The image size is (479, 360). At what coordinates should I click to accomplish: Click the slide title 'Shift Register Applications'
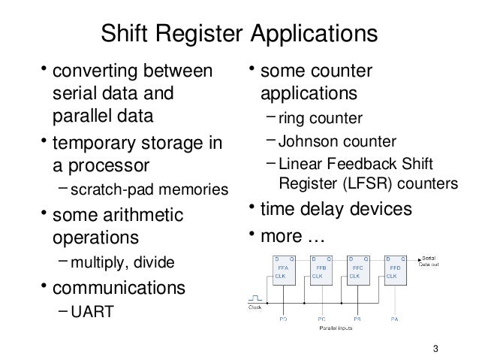point(239,35)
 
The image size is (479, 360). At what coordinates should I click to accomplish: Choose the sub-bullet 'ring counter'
point(320,118)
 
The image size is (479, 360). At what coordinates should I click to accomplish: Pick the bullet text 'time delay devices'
point(335,208)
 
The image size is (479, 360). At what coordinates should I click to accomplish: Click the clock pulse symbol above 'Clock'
point(257,298)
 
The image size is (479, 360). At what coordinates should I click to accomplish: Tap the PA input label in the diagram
point(394,319)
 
